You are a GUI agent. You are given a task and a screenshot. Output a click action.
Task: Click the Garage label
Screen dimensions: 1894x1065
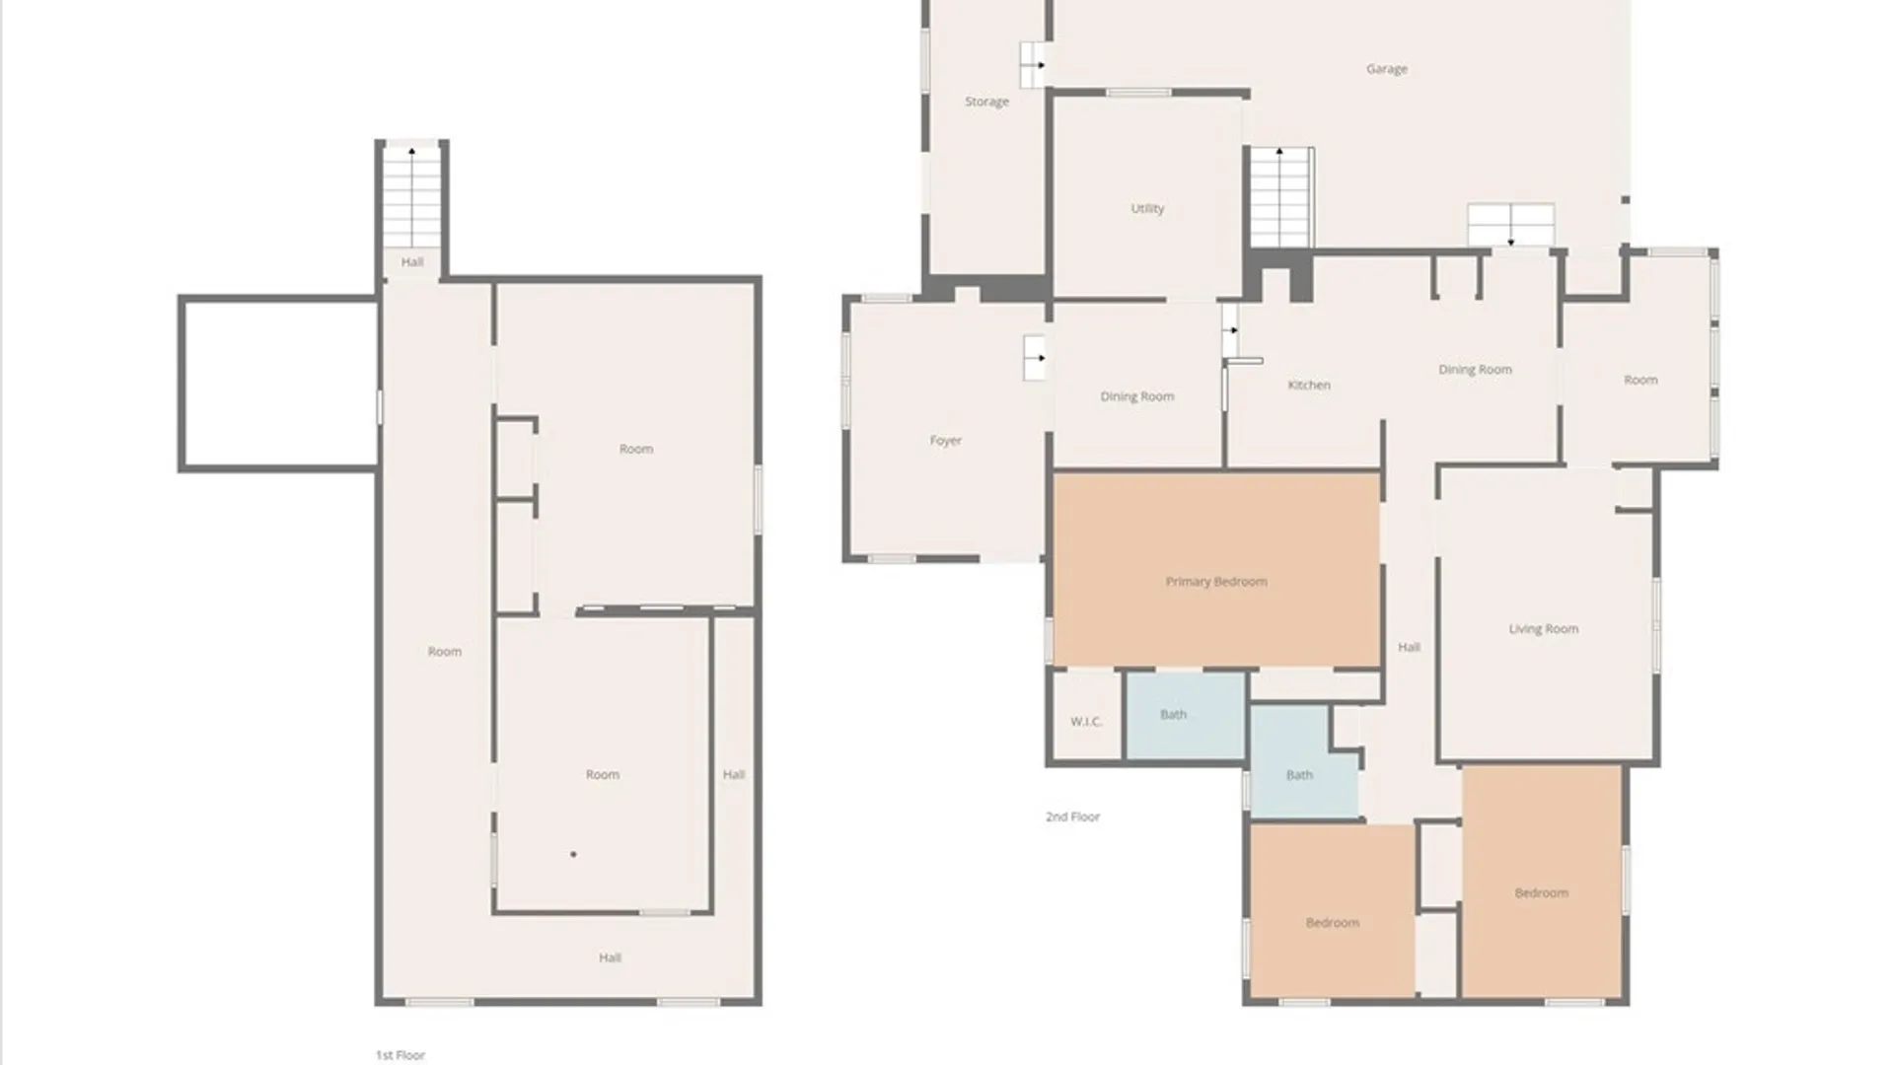(1386, 69)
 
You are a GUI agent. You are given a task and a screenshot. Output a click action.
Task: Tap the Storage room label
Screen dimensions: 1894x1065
(986, 102)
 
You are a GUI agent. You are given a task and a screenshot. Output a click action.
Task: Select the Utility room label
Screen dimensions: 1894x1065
(1147, 208)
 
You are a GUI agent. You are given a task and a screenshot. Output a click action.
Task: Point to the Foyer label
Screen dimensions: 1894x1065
(945, 441)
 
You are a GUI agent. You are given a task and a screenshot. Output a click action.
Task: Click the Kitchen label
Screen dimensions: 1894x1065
(1309, 385)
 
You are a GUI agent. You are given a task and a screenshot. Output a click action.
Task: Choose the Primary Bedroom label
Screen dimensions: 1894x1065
(1216, 582)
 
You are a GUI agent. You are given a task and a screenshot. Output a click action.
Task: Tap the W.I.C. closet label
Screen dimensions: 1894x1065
(1086, 722)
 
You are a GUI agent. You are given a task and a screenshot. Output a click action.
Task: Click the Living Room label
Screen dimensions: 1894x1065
(1543, 629)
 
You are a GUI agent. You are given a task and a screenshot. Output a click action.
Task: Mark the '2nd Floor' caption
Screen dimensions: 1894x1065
(1072, 816)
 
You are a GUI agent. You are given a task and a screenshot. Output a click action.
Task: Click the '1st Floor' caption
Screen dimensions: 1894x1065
(400, 1055)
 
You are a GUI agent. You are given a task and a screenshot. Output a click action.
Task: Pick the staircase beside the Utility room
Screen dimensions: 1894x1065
(1281, 197)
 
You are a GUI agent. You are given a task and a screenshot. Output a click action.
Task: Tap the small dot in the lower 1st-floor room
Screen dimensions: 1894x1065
(573, 854)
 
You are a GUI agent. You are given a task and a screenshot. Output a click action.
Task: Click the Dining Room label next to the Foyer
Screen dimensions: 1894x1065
(1137, 396)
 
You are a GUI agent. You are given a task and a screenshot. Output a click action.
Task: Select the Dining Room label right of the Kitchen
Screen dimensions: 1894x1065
(1475, 370)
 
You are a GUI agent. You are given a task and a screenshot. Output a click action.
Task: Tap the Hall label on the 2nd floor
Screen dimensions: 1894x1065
(1409, 648)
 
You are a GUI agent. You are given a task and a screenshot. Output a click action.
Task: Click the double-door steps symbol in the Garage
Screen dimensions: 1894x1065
(1510, 225)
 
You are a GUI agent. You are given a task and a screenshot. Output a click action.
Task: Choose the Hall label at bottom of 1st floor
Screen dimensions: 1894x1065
(610, 958)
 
